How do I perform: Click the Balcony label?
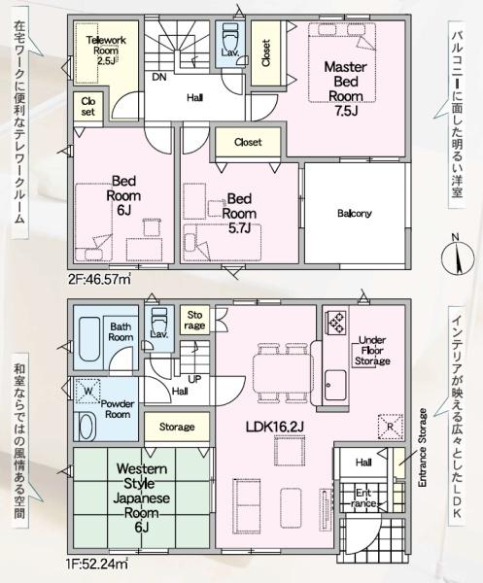[x=355, y=214]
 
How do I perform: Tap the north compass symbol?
[x=458, y=257]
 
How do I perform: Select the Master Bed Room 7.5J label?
[x=345, y=88]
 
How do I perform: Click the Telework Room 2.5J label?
[x=106, y=51]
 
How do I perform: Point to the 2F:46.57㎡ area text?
[x=100, y=279]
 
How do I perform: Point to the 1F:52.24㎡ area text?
[x=97, y=564]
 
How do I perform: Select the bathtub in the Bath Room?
[x=89, y=339]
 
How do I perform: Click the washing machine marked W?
[x=87, y=391]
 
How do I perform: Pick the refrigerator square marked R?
[x=391, y=427]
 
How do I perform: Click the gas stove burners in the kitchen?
[x=336, y=322]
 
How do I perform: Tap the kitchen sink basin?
[x=335, y=385]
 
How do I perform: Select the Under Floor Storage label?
[x=372, y=350]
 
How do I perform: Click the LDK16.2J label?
[x=275, y=427]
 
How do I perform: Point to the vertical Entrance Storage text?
[x=423, y=448]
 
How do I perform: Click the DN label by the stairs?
[x=159, y=78]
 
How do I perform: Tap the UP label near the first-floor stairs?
[x=194, y=379]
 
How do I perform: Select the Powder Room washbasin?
[x=87, y=427]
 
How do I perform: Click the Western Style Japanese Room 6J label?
[x=142, y=497]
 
